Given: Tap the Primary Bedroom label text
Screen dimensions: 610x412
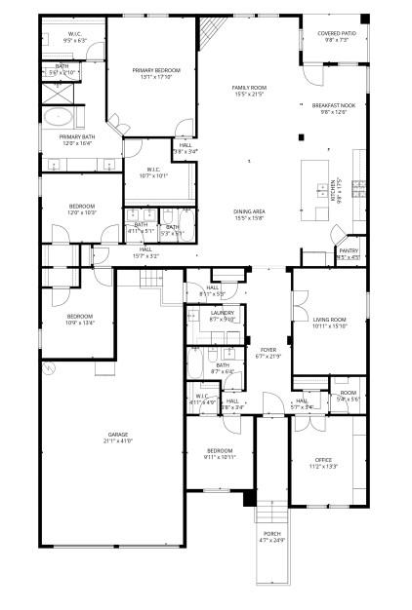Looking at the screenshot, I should point(151,71).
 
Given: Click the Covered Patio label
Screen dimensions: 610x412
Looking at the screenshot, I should point(336,33).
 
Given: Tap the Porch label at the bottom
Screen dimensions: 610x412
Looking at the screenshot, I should point(271,533).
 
